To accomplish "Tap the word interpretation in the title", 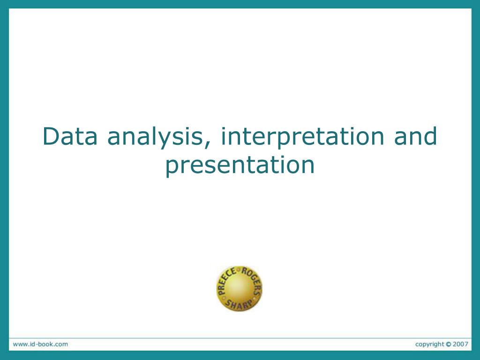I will (303, 136).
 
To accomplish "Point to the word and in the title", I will (415, 136).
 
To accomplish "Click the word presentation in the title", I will (240, 165).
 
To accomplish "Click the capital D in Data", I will (50, 136).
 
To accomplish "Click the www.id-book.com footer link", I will (40, 344).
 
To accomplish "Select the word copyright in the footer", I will (429, 344).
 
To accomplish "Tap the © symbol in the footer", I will (449, 344).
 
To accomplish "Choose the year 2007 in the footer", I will (460, 344).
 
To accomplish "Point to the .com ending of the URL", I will (60, 344).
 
